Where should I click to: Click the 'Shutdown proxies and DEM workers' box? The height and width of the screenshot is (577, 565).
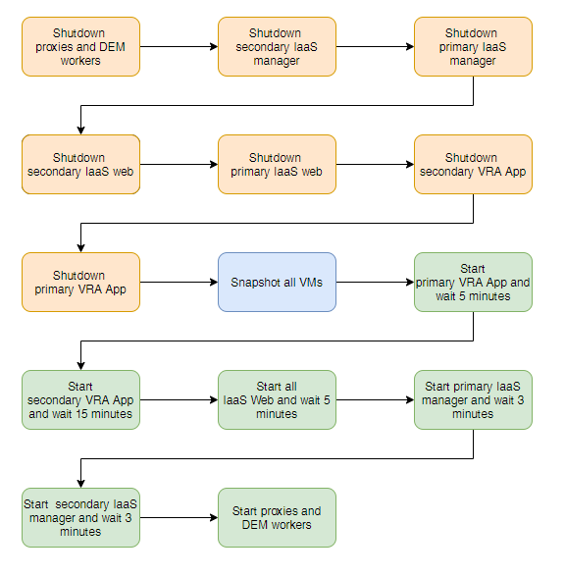click(80, 46)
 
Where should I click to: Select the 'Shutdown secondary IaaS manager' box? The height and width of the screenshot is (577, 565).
click(277, 46)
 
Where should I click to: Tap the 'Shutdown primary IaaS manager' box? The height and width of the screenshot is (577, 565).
click(473, 46)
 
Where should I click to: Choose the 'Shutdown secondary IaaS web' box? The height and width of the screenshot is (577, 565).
click(80, 164)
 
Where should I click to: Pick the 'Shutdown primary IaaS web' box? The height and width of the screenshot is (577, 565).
click(277, 164)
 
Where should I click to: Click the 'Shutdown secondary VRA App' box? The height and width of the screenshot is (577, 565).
click(473, 164)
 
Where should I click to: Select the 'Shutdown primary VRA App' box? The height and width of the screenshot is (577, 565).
click(80, 282)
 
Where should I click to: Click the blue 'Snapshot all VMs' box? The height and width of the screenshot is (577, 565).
click(277, 283)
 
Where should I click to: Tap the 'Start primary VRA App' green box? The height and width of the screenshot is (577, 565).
click(473, 282)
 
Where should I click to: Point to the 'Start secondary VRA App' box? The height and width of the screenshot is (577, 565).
click(80, 399)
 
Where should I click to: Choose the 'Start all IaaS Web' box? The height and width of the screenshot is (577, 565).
click(277, 399)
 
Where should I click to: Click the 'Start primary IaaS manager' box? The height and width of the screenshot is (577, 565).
click(473, 399)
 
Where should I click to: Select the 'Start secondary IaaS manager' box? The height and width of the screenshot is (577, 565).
click(80, 517)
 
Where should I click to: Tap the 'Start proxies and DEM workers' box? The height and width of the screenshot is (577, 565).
click(277, 517)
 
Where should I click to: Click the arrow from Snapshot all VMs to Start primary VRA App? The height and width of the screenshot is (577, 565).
click(375, 283)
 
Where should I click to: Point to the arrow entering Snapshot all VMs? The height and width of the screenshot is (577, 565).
click(179, 283)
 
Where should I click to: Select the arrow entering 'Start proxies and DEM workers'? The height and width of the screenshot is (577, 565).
click(179, 518)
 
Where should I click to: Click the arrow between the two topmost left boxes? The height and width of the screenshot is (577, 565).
click(179, 46)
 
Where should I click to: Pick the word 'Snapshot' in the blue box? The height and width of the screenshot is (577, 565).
click(254, 283)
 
